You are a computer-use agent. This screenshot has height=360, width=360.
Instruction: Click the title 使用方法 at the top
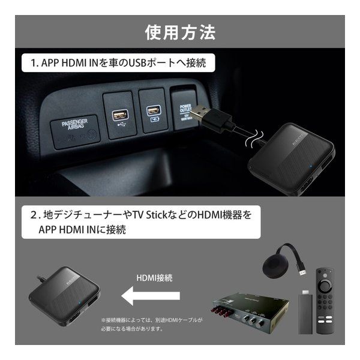coord(180,31)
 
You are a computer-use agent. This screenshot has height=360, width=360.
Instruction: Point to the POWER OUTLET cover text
coord(185,110)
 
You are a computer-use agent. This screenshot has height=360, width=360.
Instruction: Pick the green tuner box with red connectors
coord(247,311)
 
